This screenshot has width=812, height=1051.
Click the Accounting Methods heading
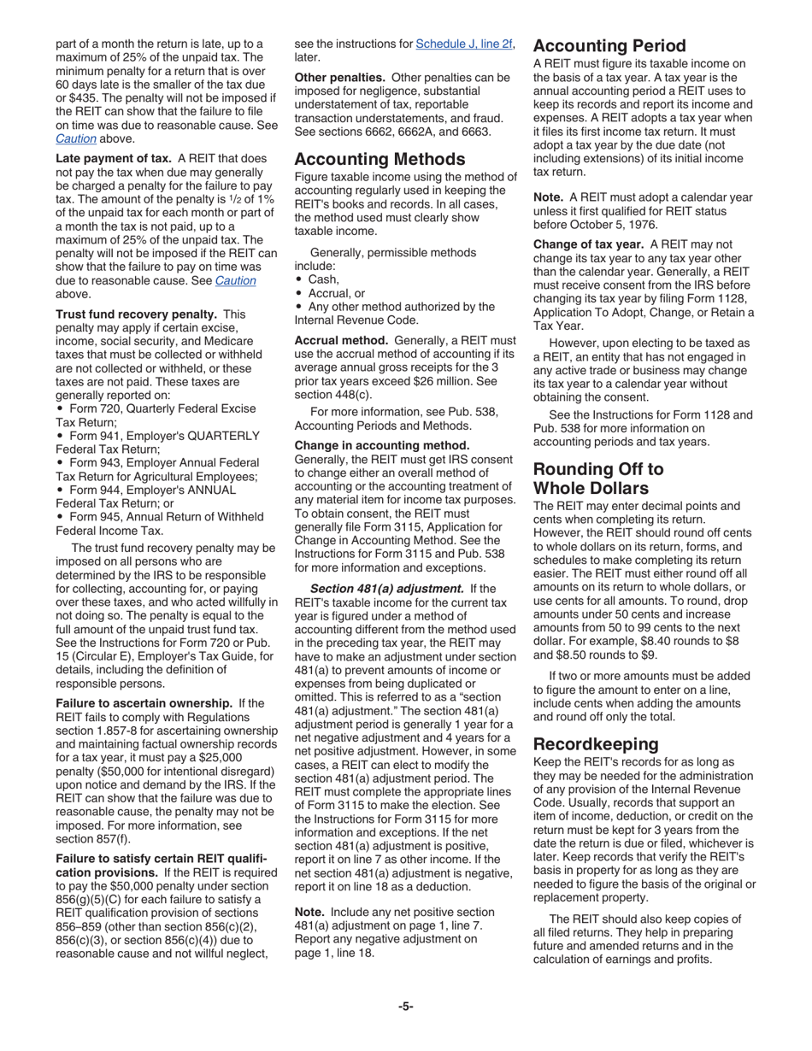point(380,159)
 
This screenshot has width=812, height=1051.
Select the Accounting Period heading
point(609,46)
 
